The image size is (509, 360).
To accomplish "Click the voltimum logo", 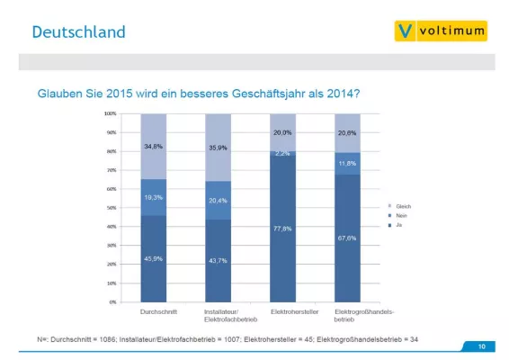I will point(441,31).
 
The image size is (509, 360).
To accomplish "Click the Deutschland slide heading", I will point(78,32).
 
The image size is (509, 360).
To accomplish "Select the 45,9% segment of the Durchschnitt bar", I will point(154,260).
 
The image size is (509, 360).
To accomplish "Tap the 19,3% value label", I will point(154,197).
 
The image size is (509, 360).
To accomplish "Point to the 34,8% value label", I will point(154,146).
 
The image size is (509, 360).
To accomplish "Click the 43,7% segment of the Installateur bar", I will point(219,261).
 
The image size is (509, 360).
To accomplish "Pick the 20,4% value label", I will point(219,200).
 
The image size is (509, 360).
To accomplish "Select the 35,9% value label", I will point(219,147).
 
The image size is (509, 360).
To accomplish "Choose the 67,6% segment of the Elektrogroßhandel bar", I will point(347,238).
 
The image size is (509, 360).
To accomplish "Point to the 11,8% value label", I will point(347,164).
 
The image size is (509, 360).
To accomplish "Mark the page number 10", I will point(481,346).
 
